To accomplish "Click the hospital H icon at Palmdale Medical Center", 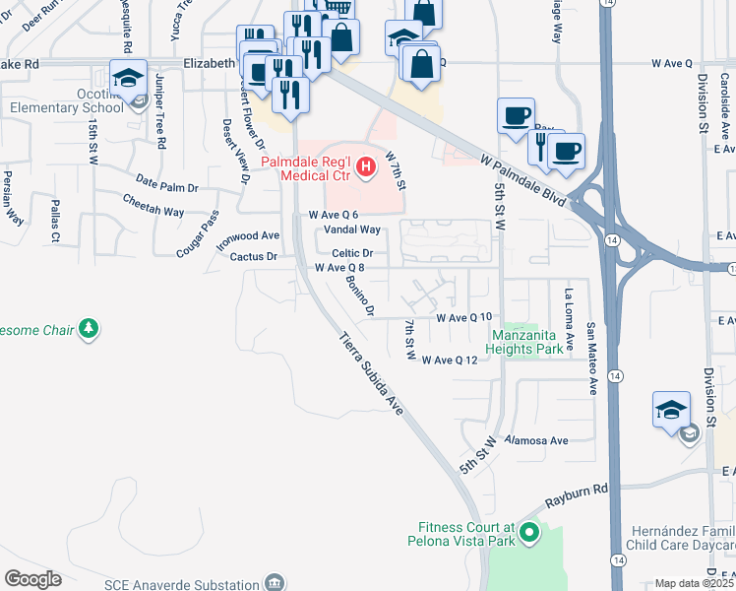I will coord(366,167).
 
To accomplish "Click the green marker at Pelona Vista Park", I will coord(529,534).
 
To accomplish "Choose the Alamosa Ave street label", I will coord(537,441).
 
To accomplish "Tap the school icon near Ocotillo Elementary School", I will coord(128,78).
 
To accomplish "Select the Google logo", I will coord(32,578).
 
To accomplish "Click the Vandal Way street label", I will coord(352,230).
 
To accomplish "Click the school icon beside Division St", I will coord(670,411).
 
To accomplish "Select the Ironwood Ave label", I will coord(249,236).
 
